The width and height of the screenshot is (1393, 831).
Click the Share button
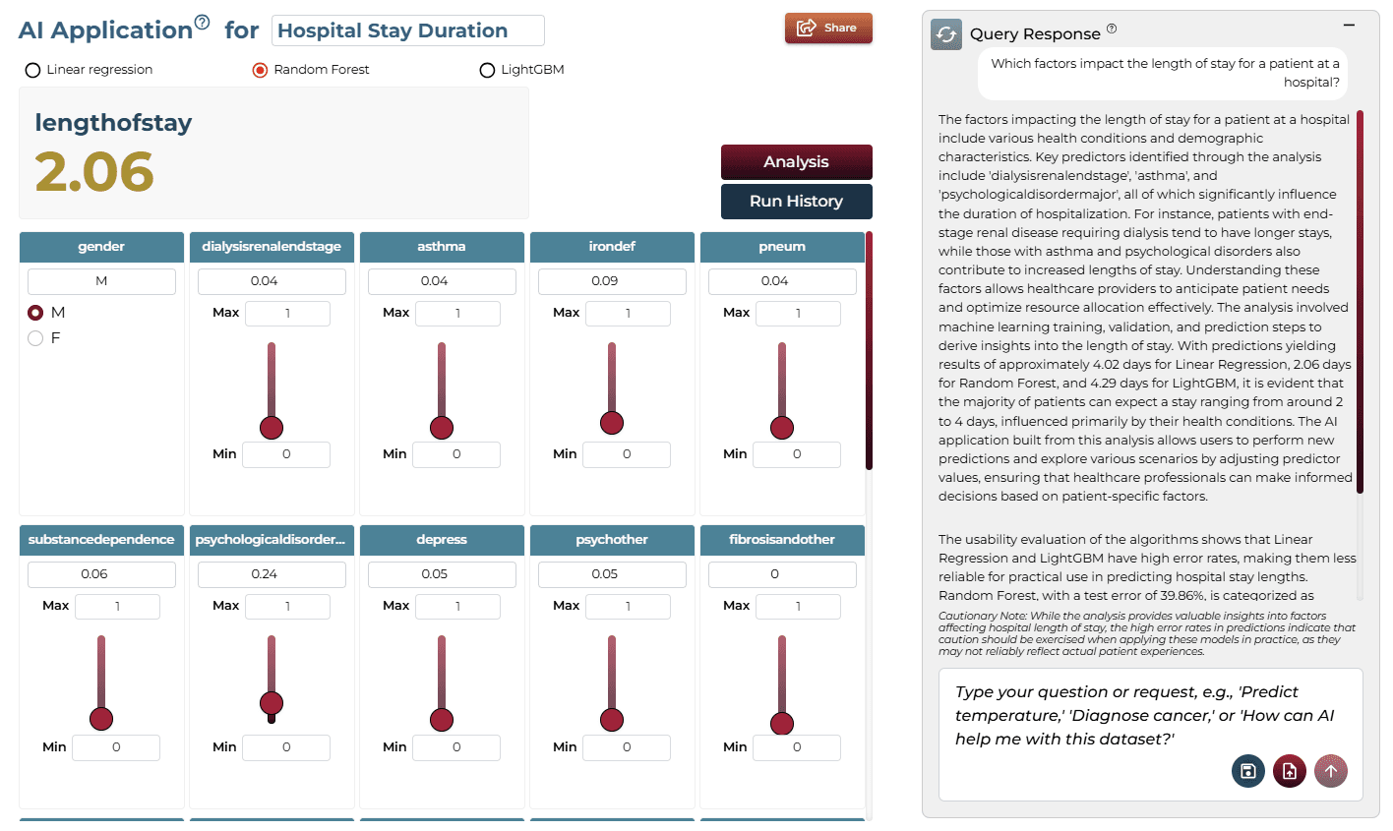828,28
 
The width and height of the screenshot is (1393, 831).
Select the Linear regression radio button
33,70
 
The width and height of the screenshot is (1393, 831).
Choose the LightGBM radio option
487,70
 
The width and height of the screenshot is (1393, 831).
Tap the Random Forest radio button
260,70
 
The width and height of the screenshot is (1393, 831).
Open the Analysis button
797,161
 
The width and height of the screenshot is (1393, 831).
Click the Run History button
797,202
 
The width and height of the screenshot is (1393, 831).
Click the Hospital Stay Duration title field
408,30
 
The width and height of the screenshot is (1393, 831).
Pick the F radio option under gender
35,338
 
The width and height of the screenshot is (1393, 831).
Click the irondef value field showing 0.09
612,281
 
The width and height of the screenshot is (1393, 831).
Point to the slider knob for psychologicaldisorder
272,703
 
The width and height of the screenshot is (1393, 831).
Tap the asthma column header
442,247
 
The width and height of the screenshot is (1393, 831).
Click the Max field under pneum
798,314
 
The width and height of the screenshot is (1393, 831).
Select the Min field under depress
456,747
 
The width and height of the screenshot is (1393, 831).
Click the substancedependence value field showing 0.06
101,574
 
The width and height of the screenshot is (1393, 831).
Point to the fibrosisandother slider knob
782,724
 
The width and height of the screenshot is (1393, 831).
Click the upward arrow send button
1331,771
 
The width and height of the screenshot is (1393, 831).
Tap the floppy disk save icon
1248,771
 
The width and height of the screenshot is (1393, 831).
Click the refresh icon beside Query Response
945,34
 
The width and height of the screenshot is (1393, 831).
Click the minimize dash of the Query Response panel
1349,26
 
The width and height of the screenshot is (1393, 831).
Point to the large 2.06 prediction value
94,171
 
